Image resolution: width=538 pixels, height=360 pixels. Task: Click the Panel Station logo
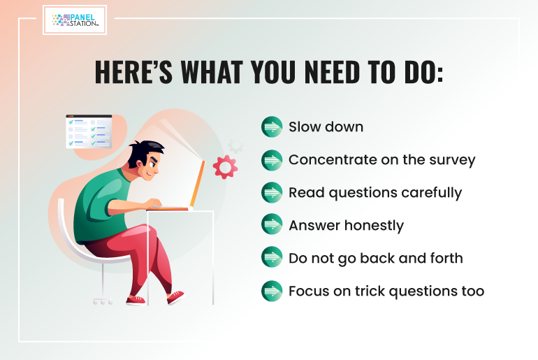coord(75,20)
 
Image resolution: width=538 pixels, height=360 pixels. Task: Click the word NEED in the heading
coord(332,72)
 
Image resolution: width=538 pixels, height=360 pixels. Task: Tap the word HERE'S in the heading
coord(133,72)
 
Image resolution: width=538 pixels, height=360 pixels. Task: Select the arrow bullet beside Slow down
coord(272,127)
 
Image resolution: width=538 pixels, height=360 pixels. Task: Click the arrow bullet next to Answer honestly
coord(272,224)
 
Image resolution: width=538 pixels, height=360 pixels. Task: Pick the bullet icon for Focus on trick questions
coord(272,291)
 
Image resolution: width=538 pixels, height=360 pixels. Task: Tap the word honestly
coord(374,226)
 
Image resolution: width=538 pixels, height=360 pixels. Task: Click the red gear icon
coord(225,167)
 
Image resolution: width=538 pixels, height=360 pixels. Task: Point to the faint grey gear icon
coord(235,145)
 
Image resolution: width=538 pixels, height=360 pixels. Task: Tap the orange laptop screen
coord(198,184)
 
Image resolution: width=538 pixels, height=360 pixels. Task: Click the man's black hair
coord(145,152)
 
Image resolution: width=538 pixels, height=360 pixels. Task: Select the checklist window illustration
coord(89,131)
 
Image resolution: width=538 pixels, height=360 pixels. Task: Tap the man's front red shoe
coord(175,297)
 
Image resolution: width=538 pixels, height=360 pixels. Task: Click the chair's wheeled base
coord(103,301)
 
